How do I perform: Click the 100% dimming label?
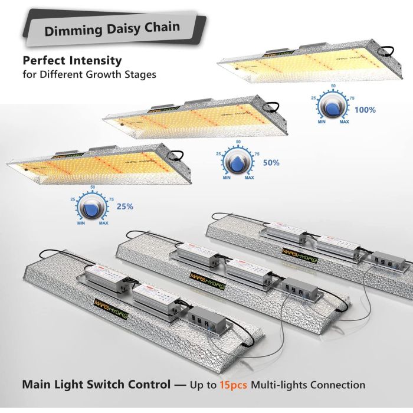point(365,110)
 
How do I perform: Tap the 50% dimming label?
point(271,162)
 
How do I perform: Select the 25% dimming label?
point(125,206)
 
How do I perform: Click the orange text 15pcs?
point(234,385)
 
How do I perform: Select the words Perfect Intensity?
point(72,60)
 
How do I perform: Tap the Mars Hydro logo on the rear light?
point(299,253)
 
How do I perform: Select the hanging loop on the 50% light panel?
point(273,106)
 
